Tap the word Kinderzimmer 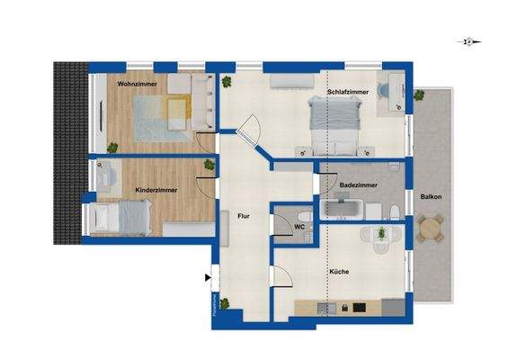coord(156,191)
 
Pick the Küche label coord(338,271)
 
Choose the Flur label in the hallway coord(244,216)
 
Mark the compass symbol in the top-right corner coord(468,41)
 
